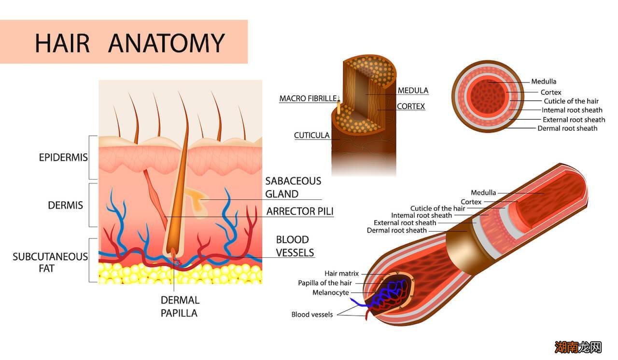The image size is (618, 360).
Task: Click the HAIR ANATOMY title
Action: click(x=129, y=42)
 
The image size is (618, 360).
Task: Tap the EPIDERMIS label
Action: click(x=63, y=157)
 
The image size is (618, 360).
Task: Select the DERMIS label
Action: click(x=65, y=205)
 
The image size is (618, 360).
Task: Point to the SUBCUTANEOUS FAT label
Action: click(x=50, y=262)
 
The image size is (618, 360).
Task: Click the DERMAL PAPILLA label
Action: click(x=179, y=306)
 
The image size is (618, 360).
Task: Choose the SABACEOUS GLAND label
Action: click(x=293, y=187)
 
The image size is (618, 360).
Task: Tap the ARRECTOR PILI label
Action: click(x=300, y=211)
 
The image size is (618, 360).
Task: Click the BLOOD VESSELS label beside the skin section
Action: click(x=295, y=246)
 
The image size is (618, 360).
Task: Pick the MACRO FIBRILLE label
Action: click(x=308, y=98)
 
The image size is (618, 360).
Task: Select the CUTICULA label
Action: click(x=312, y=136)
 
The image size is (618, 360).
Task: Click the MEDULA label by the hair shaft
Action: click(x=413, y=90)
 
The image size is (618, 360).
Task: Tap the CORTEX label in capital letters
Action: click(x=411, y=106)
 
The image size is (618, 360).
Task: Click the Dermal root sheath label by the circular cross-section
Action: click(x=567, y=128)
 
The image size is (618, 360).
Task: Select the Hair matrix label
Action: click(x=341, y=274)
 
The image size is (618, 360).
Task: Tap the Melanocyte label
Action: click(x=330, y=292)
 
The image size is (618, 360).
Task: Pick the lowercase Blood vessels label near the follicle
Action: click(x=312, y=315)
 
